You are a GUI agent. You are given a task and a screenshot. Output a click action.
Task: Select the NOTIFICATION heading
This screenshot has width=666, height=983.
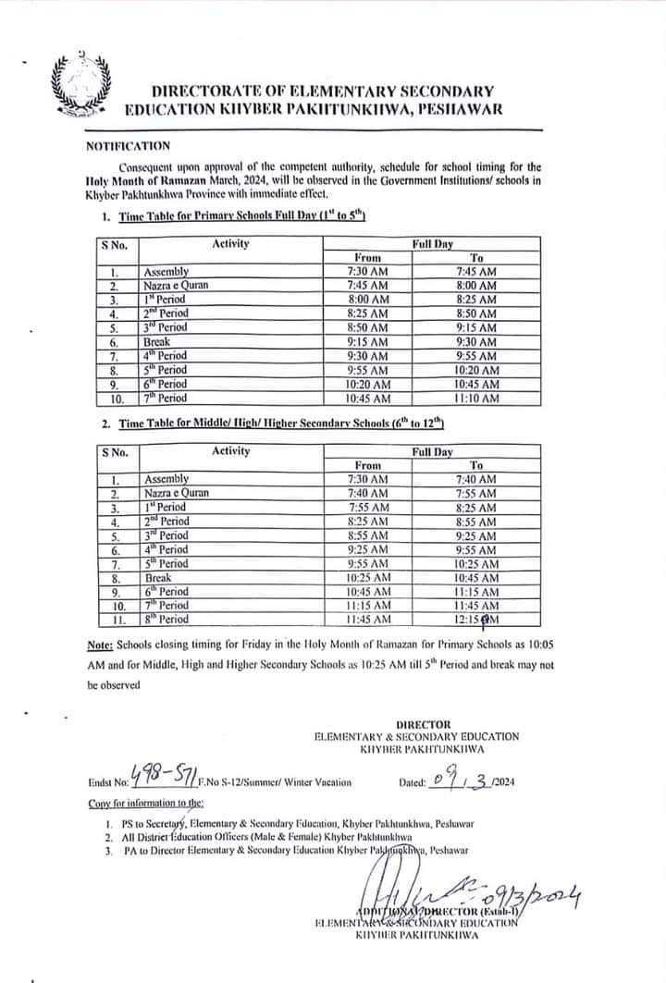pos(127,145)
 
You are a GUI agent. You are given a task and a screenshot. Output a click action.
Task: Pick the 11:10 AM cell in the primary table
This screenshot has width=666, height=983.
pos(477,398)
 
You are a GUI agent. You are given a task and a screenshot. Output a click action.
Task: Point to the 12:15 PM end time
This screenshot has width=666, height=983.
pos(477,619)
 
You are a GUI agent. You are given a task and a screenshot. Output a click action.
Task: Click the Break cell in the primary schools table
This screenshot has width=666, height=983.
pos(155,341)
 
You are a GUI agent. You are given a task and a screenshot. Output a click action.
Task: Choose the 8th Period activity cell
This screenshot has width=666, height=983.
pos(166,619)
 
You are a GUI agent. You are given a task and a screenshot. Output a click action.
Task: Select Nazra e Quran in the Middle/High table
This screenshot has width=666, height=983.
pos(177,493)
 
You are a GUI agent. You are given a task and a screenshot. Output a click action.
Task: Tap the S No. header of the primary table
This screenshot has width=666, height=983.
pos(116,245)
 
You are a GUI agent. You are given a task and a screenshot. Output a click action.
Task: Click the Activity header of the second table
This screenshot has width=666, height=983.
pos(230,451)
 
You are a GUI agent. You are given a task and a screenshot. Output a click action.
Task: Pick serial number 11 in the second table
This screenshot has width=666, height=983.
pos(117,620)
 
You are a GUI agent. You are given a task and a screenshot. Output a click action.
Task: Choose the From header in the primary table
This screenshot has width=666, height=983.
pos(368,257)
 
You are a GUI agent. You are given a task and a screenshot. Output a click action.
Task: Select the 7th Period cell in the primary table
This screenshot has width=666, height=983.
pos(166,398)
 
